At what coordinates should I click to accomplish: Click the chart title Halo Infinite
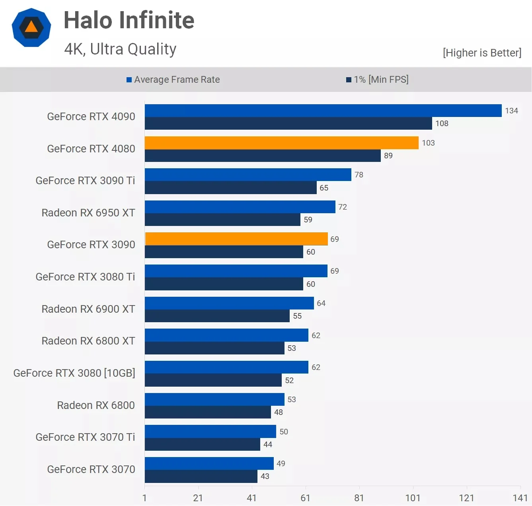pyautogui.click(x=129, y=20)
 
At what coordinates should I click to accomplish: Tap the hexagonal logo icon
pyautogui.click(x=31, y=27)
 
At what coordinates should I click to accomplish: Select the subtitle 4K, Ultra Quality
pyautogui.click(x=120, y=49)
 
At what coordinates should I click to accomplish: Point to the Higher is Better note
pyautogui.click(x=482, y=53)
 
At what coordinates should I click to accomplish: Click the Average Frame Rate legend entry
pyautogui.click(x=173, y=80)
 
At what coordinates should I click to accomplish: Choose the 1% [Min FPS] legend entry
pyautogui.click(x=377, y=80)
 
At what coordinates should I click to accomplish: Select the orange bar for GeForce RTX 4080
pyautogui.click(x=281, y=143)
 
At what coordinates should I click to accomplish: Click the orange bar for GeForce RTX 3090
pyautogui.click(x=236, y=239)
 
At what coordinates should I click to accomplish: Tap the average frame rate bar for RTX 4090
pyautogui.click(x=323, y=111)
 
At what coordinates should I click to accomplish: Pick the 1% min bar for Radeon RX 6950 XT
pyautogui.click(x=222, y=220)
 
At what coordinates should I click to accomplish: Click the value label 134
pyautogui.click(x=511, y=111)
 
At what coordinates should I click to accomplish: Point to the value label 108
pyautogui.click(x=442, y=123)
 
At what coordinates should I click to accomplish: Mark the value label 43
pyautogui.click(x=265, y=476)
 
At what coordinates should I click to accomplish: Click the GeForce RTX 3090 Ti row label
pyautogui.click(x=85, y=181)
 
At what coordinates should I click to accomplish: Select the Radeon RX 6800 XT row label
pyautogui.click(x=88, y=341)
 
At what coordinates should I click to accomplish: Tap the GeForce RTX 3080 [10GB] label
pyautogui.click(x=74, y=373)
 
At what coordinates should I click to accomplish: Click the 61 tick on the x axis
pyautogui.click(x=305, y=498)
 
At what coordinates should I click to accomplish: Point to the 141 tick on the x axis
pyautogui.click(x=520, y=498)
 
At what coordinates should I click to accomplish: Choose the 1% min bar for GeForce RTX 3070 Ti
pyautogui.click(x=202, y=444)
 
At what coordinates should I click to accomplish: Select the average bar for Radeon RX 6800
pyautogui.click(x=214, y=399)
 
